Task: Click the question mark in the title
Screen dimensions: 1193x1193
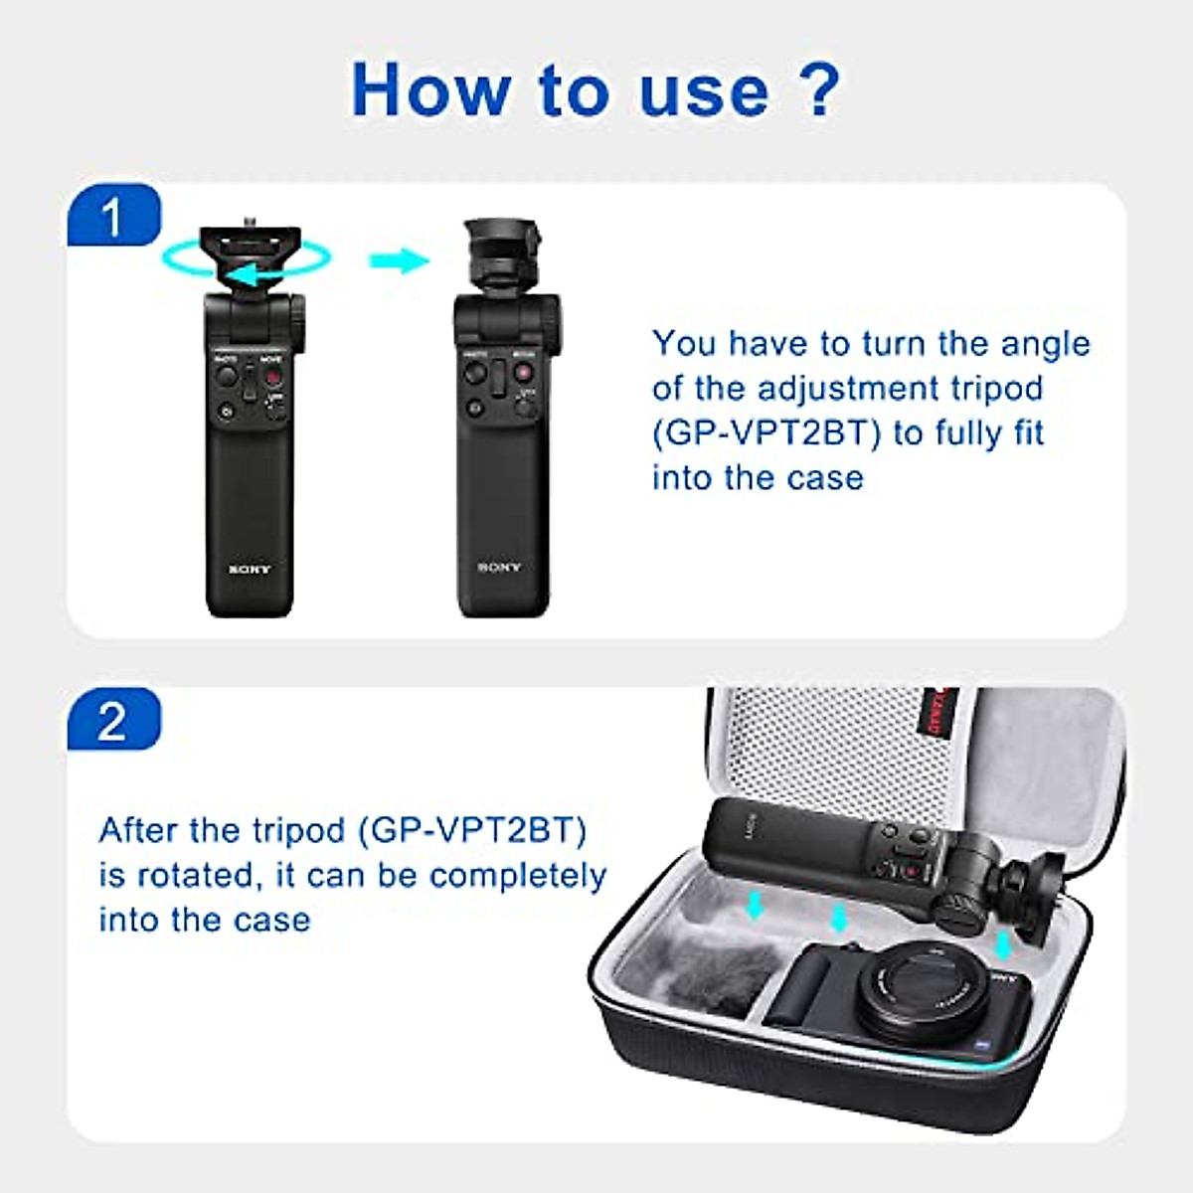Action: click(819, 89)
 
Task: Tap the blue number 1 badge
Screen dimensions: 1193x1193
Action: click(113, 217)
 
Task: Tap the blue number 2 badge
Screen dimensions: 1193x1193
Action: click(113, 720)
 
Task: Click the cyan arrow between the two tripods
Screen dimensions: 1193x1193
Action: click(398, 261)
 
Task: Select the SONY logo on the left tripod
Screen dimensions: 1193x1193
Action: click(249, 570)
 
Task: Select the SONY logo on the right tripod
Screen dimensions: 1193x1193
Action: click(498, 568)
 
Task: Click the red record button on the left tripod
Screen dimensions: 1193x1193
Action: click(270, 379)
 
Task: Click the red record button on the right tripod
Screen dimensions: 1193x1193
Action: click(521, 374)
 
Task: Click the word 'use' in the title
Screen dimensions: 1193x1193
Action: click(703, 89)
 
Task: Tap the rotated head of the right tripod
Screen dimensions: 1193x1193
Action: click(500, 258)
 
